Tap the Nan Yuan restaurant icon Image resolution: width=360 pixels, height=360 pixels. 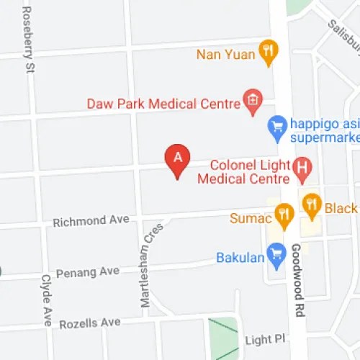(x=269, y=52)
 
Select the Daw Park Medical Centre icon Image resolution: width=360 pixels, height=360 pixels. (x=252, y=102)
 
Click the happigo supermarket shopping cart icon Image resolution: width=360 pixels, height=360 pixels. (x=276, y=127)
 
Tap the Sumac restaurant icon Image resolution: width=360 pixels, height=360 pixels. (x=284, y=214)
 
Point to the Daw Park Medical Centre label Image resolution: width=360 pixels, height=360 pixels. (x=163, y=104)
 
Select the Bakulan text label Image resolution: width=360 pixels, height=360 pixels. (x=238, y=257)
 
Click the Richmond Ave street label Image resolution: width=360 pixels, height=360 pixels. (x=91, y=221)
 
